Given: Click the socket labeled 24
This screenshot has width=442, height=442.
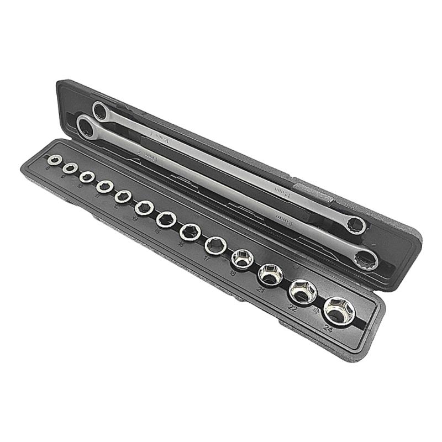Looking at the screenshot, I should coord(339,311).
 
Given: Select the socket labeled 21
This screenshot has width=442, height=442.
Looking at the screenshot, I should coord(271,274).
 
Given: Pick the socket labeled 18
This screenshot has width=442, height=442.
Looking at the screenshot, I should coord(241,259).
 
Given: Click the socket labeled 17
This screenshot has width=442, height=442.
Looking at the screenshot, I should coord(215,244).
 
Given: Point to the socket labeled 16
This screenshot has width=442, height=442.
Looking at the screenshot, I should coord(190,231).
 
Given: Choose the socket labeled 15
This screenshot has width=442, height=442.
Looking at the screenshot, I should coord(166,219).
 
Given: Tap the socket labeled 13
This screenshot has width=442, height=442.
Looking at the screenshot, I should coord(144,208).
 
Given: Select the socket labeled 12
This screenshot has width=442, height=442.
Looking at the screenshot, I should coord(123,197).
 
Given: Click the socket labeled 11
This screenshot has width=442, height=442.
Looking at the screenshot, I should coord(104,187).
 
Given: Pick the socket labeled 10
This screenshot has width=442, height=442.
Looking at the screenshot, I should coord(86,177).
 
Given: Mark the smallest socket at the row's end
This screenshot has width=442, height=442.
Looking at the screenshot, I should coord(54,160).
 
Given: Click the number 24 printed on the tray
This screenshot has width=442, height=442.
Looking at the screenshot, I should coord(329,329).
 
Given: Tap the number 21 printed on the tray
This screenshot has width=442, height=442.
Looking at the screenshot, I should coord(261,290).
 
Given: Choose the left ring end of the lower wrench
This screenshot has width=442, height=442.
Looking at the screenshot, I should coord(86,128).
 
